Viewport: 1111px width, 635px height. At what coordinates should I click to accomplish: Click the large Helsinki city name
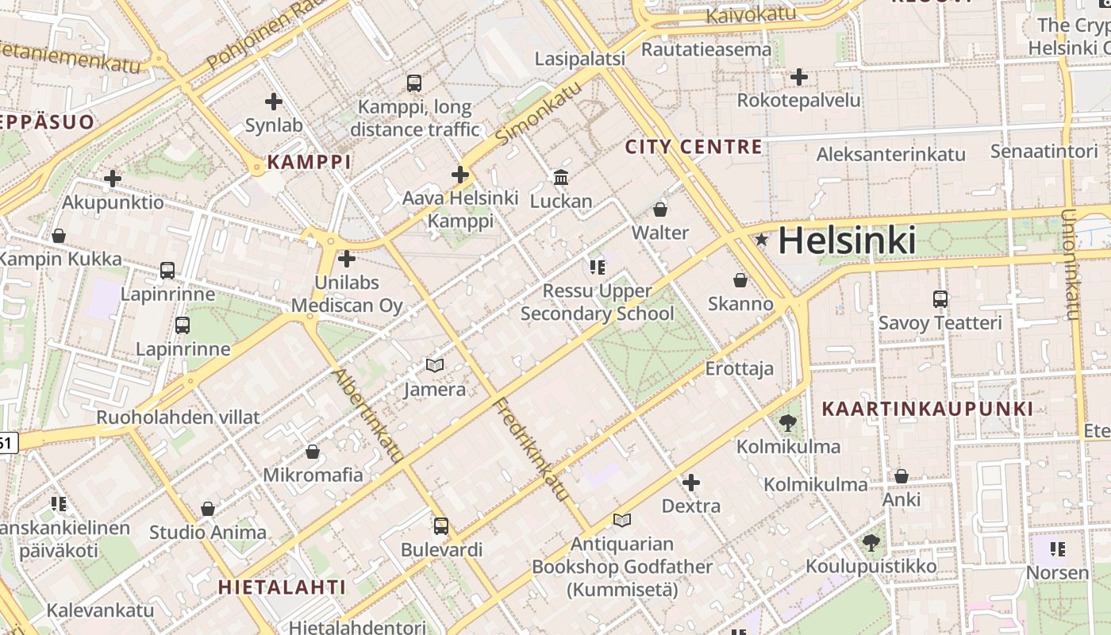[847, 240]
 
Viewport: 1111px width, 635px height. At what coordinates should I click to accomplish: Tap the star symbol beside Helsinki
[762, 239]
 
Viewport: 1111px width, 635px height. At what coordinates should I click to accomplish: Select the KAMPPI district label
[309, 163]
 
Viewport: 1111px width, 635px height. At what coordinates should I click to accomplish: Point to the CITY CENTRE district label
[694, 147]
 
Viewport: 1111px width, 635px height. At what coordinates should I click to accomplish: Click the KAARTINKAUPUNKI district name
[928, 409]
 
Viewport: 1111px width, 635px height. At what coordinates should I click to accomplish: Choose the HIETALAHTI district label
[282, 587]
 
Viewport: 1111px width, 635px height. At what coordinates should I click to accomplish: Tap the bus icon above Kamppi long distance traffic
[413, 83]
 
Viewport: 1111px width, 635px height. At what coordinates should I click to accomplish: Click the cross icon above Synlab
[274, 102]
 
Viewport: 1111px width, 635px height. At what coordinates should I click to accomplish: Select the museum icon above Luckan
[561, 177]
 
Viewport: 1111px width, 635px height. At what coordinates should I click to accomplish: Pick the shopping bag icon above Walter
[659, 210]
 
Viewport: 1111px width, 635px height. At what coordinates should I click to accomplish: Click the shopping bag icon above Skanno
[740, 280]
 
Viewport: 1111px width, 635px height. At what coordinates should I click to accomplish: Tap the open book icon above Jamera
[434, 366]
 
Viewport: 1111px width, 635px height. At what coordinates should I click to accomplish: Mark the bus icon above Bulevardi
[441, 525]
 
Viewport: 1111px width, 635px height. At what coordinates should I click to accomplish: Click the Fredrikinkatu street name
[532, 449]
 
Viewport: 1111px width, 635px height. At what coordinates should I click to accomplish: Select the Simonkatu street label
[538, 112]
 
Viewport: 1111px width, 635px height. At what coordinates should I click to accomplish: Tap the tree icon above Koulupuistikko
[871, 543]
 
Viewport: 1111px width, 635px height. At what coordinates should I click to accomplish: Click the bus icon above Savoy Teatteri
[940, 299]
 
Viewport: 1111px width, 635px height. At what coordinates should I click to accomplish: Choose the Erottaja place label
[739, 368]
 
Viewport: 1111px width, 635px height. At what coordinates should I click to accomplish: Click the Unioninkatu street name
[1071, 264]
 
